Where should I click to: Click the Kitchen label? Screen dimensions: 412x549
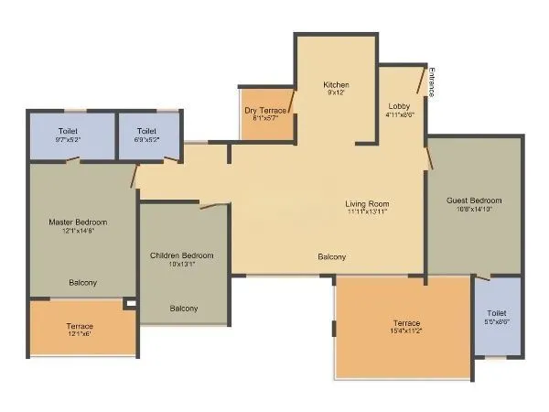(x=336, y=85)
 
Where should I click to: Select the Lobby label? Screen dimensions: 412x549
(x=399, y=105)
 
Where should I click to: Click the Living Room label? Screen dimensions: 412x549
(x=367, y=203)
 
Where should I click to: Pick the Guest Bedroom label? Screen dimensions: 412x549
(x=473, y=201)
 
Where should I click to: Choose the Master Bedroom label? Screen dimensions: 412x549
(x=78, y=222)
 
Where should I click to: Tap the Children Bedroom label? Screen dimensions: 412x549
(x=181, y=255)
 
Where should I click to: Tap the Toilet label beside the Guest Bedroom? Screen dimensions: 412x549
(x=497, y=313)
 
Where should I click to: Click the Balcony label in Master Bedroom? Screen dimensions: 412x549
(x=82, y=283)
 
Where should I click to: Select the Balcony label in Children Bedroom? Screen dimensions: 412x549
(x=183, y=309)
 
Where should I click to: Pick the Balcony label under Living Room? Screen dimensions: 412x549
(x=331, y=257)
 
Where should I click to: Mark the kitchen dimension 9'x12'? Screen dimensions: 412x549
(x=336, y=93)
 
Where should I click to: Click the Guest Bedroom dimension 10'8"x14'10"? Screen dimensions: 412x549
(x=473, y=209)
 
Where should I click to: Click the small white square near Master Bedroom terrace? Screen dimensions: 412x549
(x=130, y=304)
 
